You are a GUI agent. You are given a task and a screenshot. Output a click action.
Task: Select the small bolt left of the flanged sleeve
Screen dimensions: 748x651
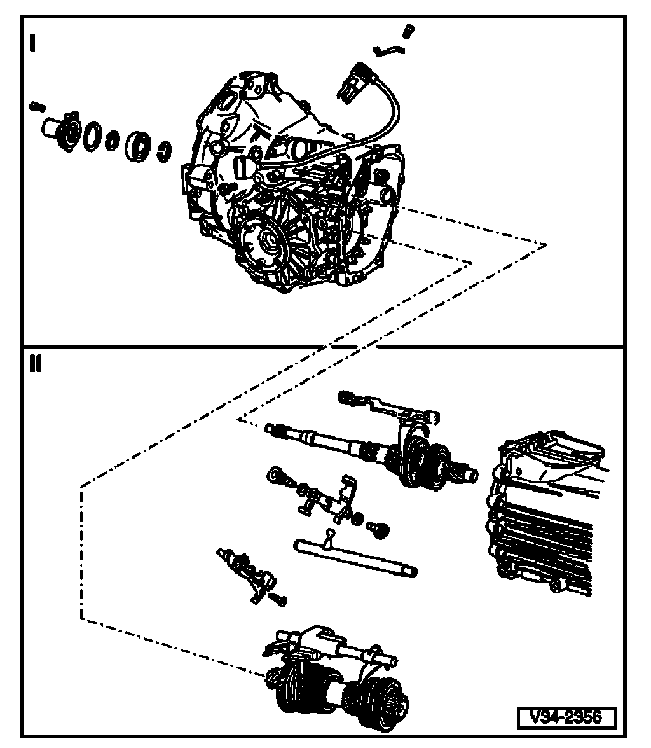(x=35, y=106)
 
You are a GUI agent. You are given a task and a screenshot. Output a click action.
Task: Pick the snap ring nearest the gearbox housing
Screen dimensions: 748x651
(x=165, y=150)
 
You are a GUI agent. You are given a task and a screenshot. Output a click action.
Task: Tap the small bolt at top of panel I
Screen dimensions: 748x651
(x=409, y=30)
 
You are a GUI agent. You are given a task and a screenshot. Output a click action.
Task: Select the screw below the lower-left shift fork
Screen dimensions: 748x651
(x=280, y=598)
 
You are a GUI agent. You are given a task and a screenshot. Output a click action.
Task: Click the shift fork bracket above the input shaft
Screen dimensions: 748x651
(x=388, y=407)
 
